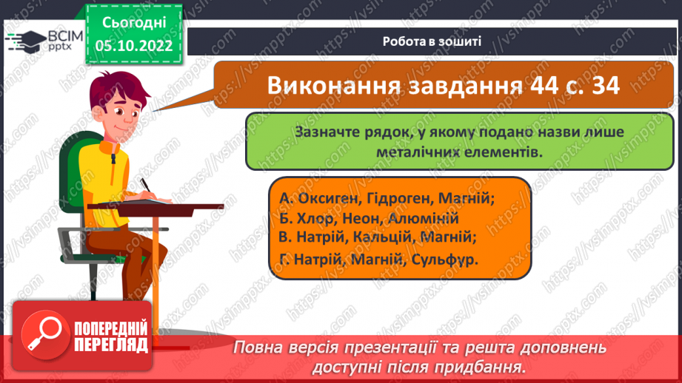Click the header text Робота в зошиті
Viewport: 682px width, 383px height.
pyautogui.click(x=432, y=41)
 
